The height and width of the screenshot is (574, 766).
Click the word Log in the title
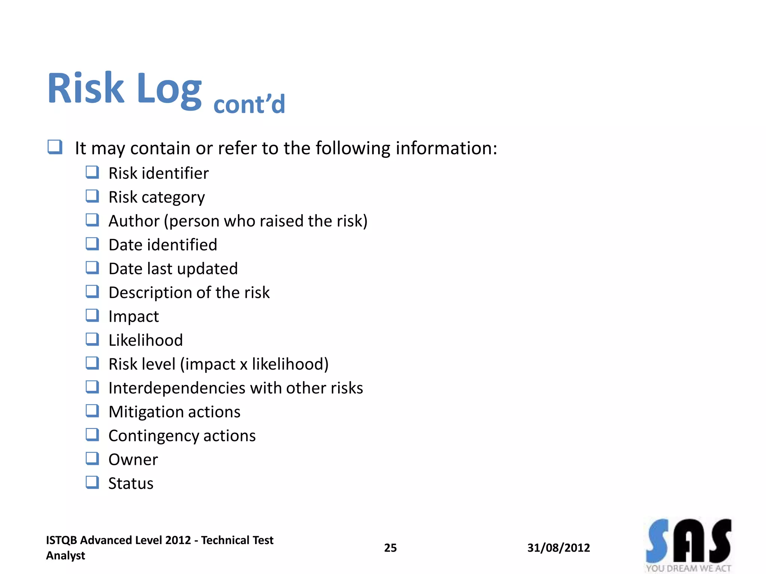tap(169, 90)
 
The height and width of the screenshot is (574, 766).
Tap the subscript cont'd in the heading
tap(249, 104)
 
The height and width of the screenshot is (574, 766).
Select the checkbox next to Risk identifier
tap(92, 172)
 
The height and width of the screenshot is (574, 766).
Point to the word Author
tap(134, 221)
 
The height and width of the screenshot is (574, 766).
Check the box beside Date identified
tap(92, 244)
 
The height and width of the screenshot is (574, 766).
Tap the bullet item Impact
tap(134, 317)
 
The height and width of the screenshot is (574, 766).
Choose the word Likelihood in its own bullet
tap(145, 340)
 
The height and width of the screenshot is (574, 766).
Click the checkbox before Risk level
tap(92, 363)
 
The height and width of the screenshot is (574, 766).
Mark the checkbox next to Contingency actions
tap(92, 435)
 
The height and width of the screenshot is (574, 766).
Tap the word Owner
tap(133, 460)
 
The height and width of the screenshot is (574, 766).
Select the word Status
tap(131, 484)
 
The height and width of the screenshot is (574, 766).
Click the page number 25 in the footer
tap(390, 548)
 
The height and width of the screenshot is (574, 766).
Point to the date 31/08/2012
tap(558, 548)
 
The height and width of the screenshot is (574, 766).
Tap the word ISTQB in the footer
tap(61, 540)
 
